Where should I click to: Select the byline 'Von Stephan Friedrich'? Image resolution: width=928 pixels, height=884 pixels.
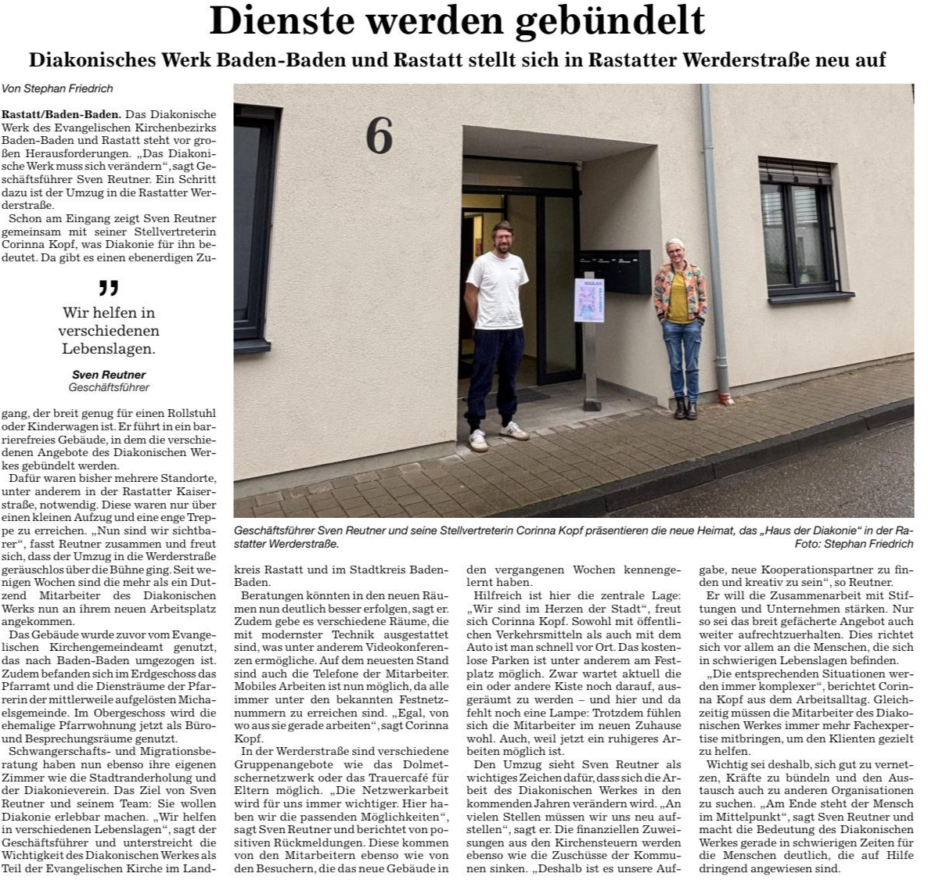(58, 89)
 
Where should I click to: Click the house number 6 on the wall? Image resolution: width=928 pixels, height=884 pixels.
(379, 136)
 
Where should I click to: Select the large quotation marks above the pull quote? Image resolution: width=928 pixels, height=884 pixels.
(109, 289)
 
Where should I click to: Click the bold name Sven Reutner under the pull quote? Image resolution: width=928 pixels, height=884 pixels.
(109, 375)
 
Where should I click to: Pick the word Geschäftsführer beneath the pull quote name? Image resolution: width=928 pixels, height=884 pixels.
(109, 387)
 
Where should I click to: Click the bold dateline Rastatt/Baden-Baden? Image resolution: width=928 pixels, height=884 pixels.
(61, 114)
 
